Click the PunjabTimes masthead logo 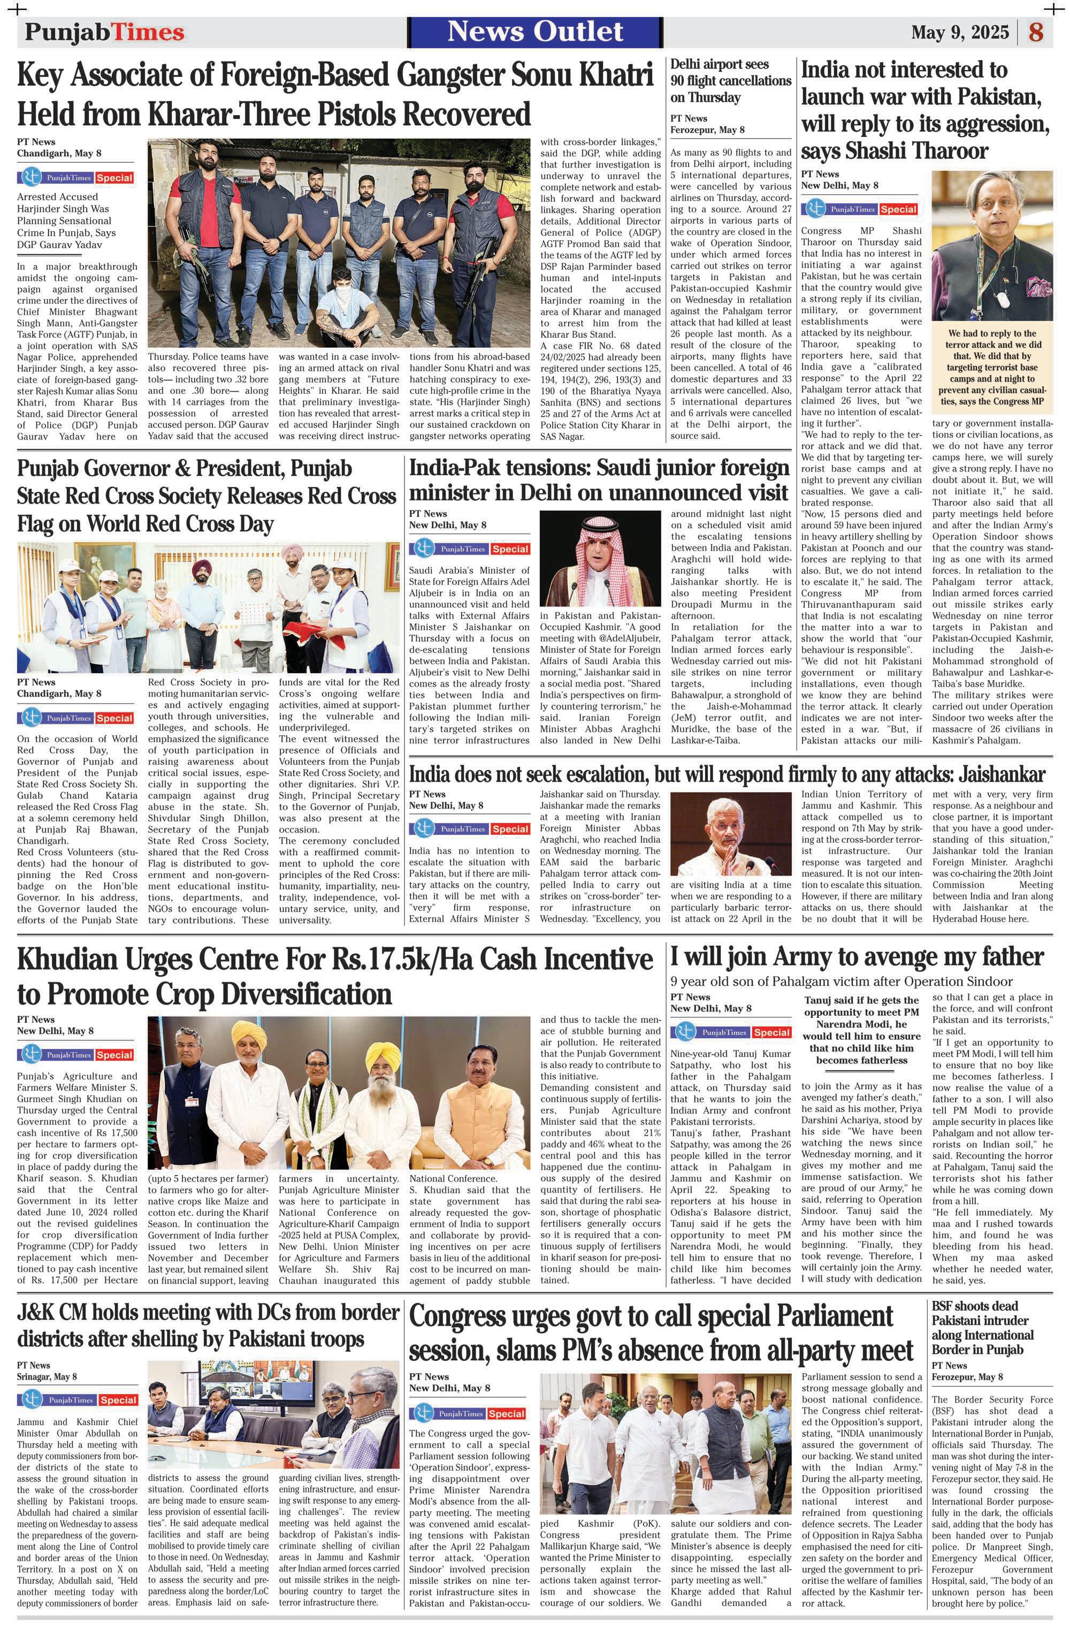coord(104,32)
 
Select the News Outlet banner coord(535,32)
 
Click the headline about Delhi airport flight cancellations coord(730,80)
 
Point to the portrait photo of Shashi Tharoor coord(991,245)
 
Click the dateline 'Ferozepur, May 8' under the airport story coord(707,130)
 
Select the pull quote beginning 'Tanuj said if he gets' coord(862,1030)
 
